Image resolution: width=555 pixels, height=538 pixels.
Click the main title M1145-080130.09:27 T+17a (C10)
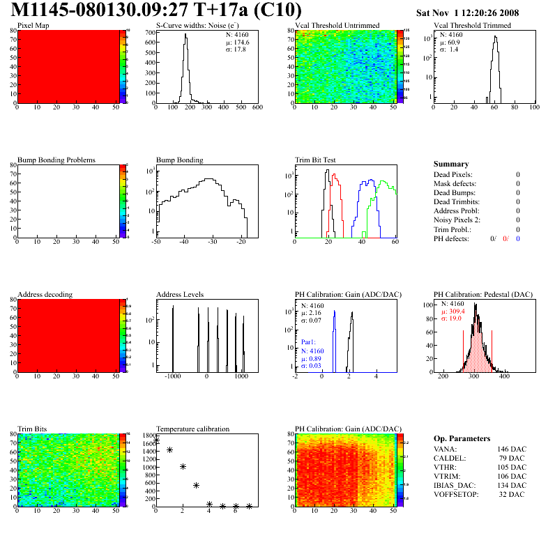pos(157,10)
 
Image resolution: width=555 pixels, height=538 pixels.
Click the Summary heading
pos(451,164)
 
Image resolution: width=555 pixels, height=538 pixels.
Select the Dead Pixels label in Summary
pos(453,174)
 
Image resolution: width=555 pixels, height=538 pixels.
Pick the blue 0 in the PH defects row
pos(519,238)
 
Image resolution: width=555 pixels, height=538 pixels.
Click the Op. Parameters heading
pos(462,438)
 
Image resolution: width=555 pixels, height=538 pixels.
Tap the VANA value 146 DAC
pos(512,450)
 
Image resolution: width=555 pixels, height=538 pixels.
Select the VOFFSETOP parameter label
pos(456,495)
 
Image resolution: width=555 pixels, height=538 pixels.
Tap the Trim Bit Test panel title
pos(316,160)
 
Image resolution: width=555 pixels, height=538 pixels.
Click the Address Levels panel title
pos(180,295)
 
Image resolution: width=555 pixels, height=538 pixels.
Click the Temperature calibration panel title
pos(192,429)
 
